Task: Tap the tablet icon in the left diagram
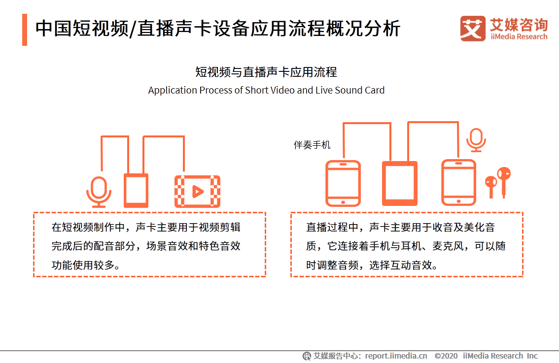click(136, 190)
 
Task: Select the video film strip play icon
click(197, 191)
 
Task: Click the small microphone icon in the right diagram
click(476, 140)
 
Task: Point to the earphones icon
click(498, 182)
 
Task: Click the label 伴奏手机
click(312, 145)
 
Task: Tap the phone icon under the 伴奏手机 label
click(343, 183)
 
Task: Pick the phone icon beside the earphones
click(458, 182)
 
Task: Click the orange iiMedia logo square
click(473, 29)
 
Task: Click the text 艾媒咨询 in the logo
click(518, 24)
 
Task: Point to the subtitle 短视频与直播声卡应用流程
click(266, 72)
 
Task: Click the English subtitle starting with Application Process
click(266, 91)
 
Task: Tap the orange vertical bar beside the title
click(25, 30)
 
